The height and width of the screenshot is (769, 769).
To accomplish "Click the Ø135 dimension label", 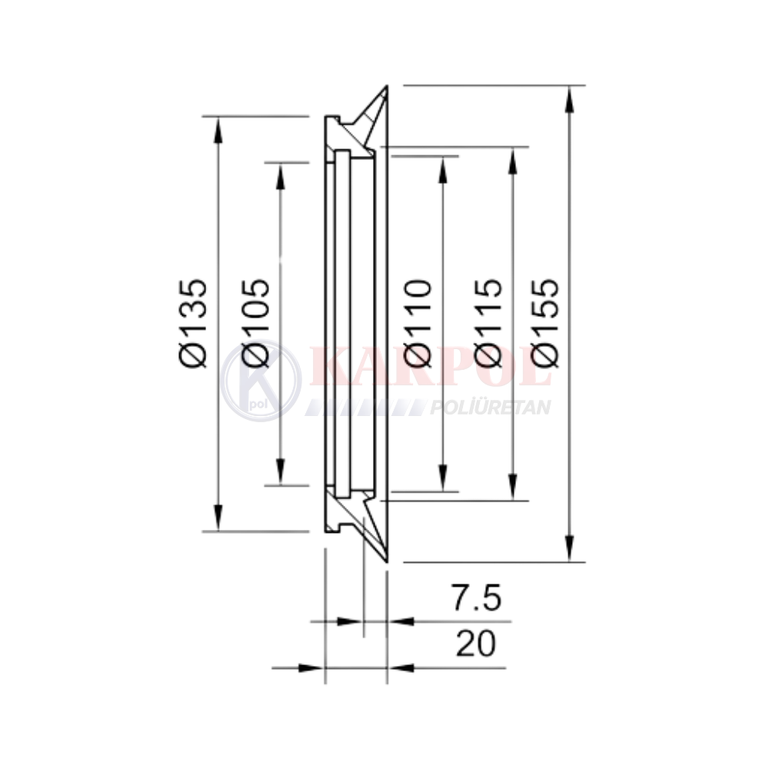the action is [x=193, y=323].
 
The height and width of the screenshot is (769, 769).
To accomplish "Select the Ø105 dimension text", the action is [x=255, y=323].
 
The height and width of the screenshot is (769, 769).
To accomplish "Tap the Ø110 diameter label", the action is [x=418, y=323].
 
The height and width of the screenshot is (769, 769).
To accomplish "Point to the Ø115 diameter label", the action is [x=489, y=323].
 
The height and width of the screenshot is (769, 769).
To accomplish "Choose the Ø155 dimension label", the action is [x=545, y=323].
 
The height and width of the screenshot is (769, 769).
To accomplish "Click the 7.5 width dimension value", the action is [x=477, y=598].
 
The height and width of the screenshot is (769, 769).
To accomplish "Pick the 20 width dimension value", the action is [x=476, y=644].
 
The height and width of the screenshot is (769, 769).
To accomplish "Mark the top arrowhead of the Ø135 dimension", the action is [x=218, y=131].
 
